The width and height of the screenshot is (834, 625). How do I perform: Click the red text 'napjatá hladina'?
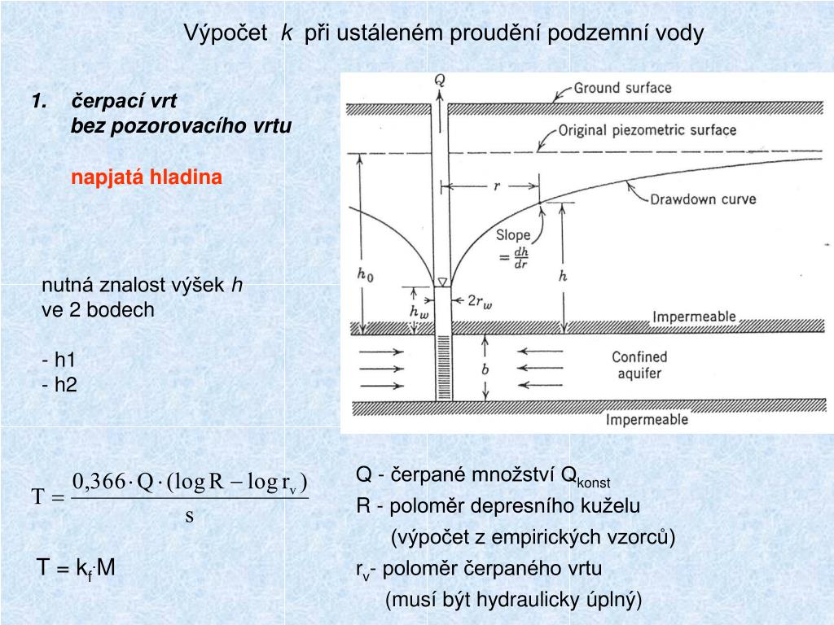click(x=147, y=177)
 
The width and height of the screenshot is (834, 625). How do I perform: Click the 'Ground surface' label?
click(x=622, y=88)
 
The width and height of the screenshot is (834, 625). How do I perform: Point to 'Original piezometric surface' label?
click(x=647, y=130)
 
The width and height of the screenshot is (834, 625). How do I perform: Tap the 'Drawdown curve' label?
click(x=703, y=199)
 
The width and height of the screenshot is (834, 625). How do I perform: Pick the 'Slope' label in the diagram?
click(x=513, y=235)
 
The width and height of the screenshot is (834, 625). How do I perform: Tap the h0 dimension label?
click(x=366, y=273)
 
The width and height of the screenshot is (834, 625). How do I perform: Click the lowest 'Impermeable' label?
click(x=647, y=420)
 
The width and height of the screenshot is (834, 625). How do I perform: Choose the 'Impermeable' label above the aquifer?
click(x=695, y=317)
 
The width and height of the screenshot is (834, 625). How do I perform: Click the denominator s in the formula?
click(x=189, y=516)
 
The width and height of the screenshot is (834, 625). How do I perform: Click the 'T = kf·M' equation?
click(x=77, y=568)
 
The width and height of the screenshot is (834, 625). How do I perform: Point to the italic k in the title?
click(x=287, y=33)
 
